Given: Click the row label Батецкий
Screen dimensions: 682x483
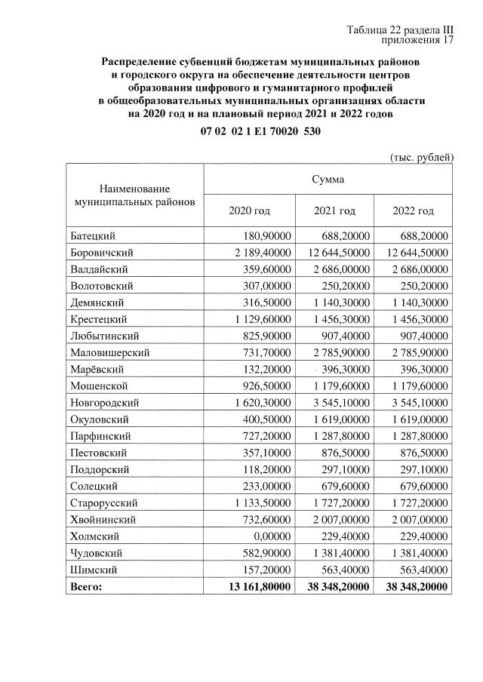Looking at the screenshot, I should click(x=94, y=236).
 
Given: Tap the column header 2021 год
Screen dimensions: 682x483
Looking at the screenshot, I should click(x=334, y=210).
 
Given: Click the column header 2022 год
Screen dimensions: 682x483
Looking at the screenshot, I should click(x=413, y=210).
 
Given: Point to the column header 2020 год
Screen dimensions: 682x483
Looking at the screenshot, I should click(x=249, y=210).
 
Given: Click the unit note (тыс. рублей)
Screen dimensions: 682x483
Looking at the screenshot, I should click(x=421, y=157).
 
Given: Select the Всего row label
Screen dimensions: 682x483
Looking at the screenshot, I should click(x=85, y=585).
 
